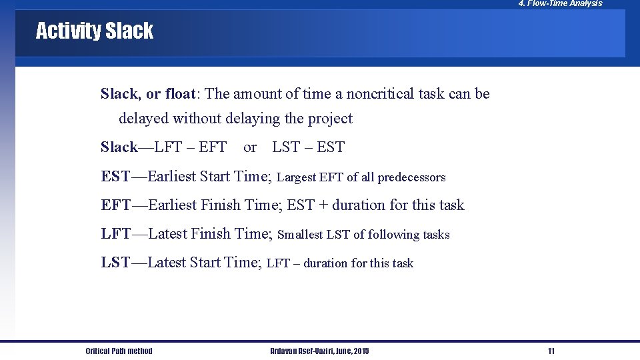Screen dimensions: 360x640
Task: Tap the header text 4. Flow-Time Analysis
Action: coord(560,4)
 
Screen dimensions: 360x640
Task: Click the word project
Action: coord(330,119)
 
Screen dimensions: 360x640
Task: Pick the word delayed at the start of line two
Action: coord(143,119)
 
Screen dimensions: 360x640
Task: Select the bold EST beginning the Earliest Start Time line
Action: coord(115,177)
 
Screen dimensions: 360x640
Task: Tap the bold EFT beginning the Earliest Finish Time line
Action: coord(116,205)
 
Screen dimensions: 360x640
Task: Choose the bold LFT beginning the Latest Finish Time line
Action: coord(116,234)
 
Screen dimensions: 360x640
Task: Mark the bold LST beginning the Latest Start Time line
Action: coord(115,263)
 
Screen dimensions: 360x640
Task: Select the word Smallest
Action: coord(300,235)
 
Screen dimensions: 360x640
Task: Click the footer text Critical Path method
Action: coord(119,351)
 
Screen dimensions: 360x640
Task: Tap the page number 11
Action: coord(551,351)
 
